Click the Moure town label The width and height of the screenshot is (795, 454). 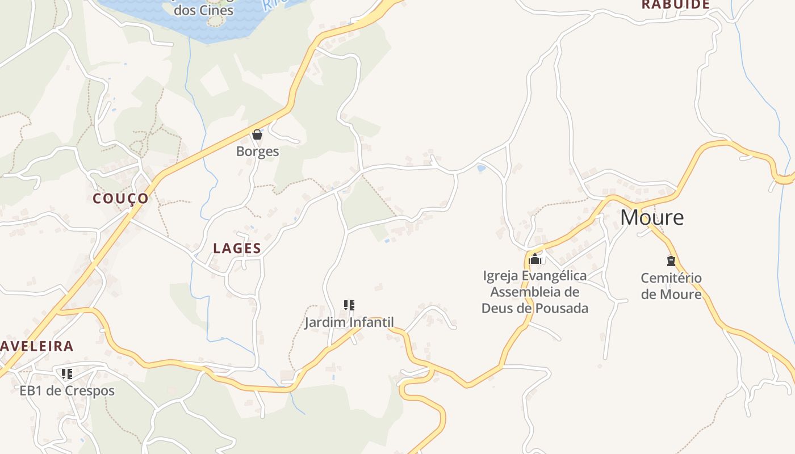pos(651,217)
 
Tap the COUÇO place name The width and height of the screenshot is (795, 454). pos(120,199)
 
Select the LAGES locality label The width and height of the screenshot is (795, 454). pos(237,249)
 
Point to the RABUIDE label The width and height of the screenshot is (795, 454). pos(676,5)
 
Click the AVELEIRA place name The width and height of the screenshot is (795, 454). pos(37,346)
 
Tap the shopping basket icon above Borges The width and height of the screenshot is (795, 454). pos(257,134)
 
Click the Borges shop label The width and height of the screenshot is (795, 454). pos(257,152)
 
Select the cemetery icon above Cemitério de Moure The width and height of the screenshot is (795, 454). pos(671,261)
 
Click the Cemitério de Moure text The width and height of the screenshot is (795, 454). pos(671,286)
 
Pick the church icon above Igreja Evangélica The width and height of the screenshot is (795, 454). pos(535,259)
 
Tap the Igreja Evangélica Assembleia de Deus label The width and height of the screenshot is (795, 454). pos(535,292)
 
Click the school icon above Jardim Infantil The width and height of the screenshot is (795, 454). pos(349,305)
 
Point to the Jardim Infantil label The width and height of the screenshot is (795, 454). pos(349,323)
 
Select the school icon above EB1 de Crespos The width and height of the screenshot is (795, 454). pos(67,373)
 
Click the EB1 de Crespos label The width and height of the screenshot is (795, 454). pos(67,391)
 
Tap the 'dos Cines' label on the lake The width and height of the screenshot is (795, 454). pos(203,10)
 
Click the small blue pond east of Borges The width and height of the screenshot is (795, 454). pos(482,168)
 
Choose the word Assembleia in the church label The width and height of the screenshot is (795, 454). pos(535,292)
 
